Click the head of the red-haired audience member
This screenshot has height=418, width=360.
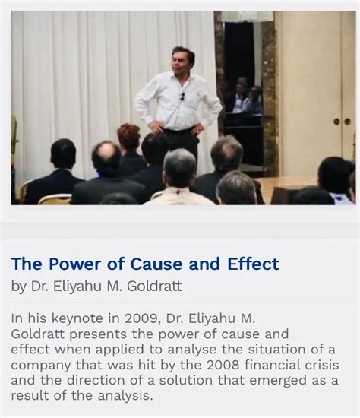(129, 138)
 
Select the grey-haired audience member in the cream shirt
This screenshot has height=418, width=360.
(179, 175)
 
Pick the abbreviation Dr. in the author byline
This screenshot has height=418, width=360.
(39, 287)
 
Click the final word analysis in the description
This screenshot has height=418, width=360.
(122, 396)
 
